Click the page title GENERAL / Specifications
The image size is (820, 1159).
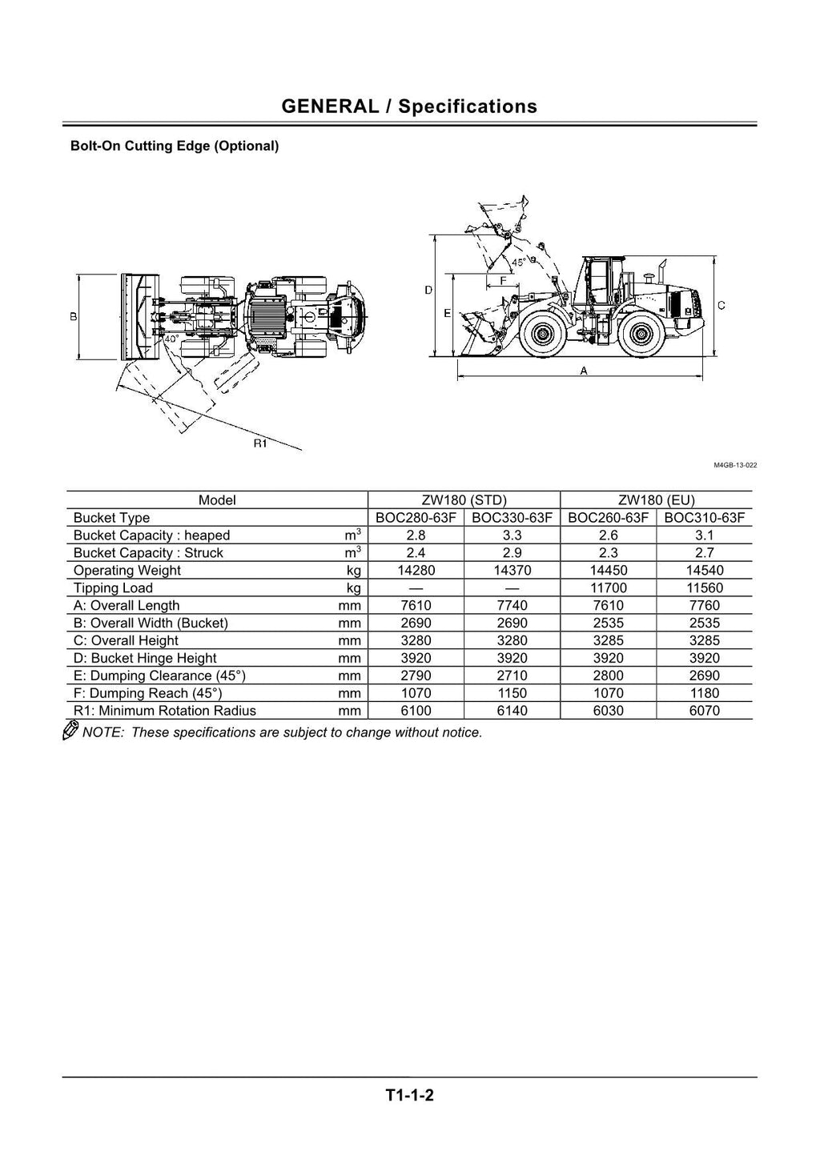tap(409, 106)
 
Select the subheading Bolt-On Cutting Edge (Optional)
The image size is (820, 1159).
tap(175, 146)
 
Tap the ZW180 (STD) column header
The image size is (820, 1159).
tap(464, 500)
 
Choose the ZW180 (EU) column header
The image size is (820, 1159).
tap(656, 500)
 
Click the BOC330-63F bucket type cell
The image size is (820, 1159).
tap(512, 518)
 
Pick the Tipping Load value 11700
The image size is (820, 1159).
tap(608, 588)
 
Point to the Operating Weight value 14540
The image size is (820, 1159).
tap(704, 571)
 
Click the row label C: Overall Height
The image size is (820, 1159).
tap(126, 641)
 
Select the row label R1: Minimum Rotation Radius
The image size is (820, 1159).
tap(164, 711)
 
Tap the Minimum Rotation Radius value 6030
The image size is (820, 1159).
tap(608, 711)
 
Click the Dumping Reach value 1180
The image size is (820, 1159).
tap(704, 693)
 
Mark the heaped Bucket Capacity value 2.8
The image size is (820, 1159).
tap(416, 535)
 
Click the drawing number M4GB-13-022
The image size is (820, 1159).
tap(735, 465)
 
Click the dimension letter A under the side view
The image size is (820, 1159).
tap(583, 371)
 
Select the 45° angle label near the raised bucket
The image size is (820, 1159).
tap(519, 263)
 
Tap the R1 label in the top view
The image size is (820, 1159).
tap(260, 444)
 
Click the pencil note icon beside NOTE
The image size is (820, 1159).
tap(70, 730)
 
